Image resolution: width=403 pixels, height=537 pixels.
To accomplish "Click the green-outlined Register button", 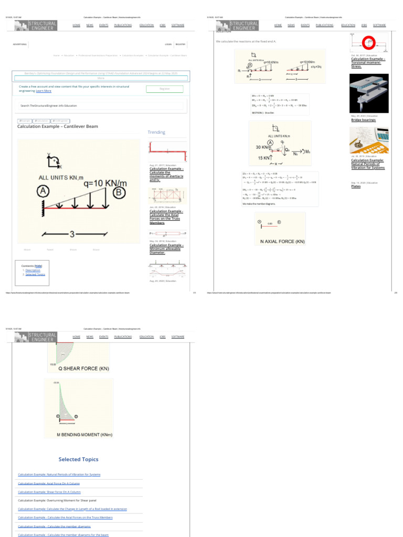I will (x=165, y=89).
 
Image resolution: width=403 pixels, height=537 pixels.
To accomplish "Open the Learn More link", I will (x=44, y=91).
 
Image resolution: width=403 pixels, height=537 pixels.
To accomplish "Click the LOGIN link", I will (x=168, y=45).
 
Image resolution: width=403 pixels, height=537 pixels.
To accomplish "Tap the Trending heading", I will (x=156, y=132).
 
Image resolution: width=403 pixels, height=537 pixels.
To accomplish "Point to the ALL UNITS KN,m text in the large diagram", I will (x=61, y=178).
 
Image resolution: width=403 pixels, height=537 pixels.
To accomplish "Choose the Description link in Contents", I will (x=33, y=270).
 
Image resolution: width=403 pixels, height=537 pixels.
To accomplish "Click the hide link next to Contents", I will (x=39, y=266).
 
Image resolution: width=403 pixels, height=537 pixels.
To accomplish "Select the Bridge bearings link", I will (x=364, y=120).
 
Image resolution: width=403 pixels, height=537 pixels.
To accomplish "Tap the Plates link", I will (x=356, y=186).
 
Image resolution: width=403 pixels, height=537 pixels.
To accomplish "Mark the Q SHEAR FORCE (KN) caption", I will (x=83, y=369).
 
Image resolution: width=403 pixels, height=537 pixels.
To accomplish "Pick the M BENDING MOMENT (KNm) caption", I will (x=84, y=435).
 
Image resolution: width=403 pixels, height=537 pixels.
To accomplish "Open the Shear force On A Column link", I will (x=49, y=492).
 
